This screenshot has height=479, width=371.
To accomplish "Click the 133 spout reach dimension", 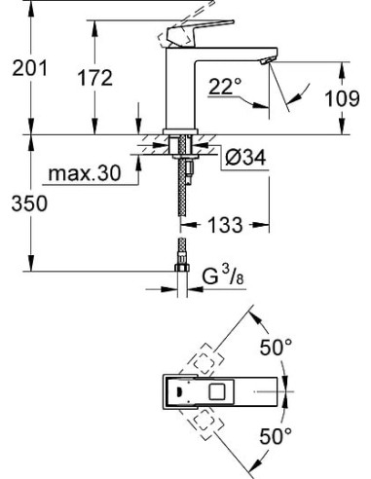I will tap(225, 226).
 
